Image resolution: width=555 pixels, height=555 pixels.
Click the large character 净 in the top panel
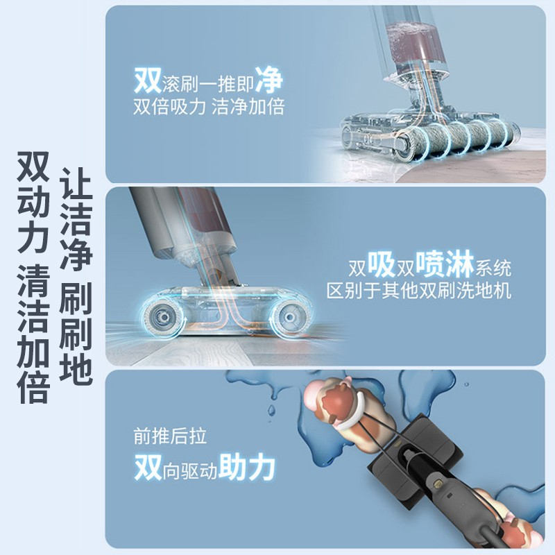point(269,80)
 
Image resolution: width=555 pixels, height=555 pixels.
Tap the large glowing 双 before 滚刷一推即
point(148,80)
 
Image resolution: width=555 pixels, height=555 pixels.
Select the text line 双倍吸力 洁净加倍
point(209,107)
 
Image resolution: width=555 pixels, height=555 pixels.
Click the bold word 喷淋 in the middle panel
point(445,264)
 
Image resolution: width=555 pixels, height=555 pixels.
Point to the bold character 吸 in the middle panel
point(382,264)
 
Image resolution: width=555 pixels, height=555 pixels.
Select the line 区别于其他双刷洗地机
point(419,291)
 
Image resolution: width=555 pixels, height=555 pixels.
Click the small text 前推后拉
point(170,436)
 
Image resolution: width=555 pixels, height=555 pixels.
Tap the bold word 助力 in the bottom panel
point(247,467)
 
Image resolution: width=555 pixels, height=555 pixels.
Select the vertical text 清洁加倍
point(33,334)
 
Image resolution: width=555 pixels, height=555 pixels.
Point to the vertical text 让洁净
point(76,219)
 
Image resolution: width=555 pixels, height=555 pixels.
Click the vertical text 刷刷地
point(76,334)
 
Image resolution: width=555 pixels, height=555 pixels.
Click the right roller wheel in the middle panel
point(289,318)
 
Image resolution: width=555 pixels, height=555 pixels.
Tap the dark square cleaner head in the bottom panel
point(414,460)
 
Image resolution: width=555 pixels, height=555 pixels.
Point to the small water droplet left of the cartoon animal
point(271,411)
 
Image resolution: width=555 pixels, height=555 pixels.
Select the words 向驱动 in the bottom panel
point(190,471)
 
